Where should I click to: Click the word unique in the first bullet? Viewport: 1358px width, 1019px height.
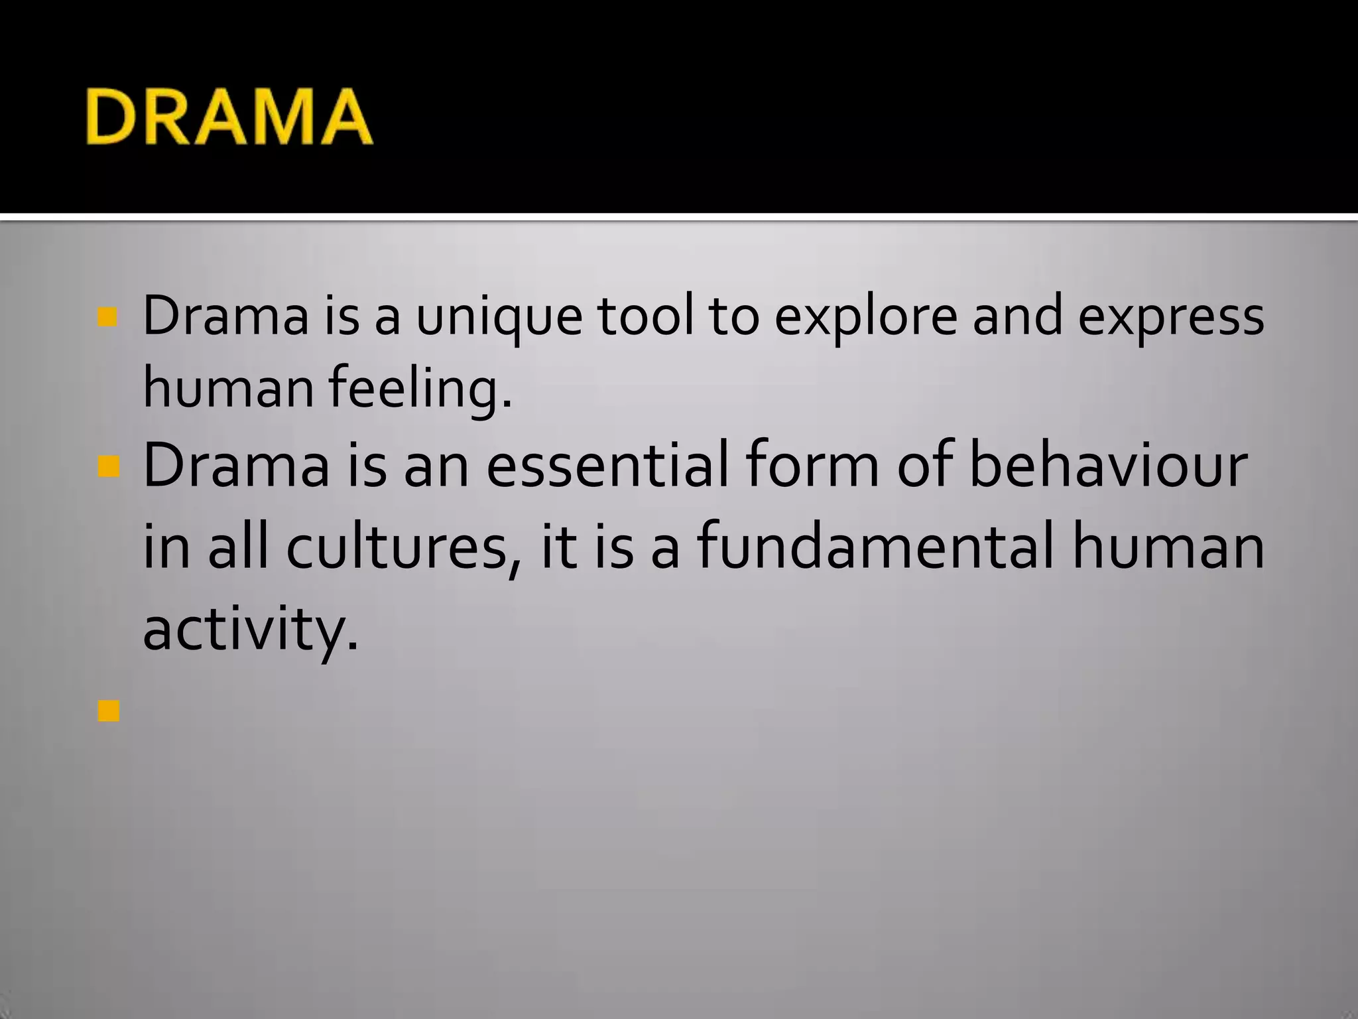[499, 317]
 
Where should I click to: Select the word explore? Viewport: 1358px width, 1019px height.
[866, 317]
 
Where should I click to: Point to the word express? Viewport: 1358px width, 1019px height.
[1171, 317]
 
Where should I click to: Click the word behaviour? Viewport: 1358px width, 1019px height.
[1108, 466]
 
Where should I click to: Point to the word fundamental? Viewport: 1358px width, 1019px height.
[875, 547]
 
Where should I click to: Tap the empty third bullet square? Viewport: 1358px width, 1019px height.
[108, 712]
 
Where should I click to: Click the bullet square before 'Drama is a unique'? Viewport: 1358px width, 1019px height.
[107, 317]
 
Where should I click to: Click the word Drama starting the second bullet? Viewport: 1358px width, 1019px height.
[236, 466]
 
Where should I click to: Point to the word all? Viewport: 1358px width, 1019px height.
[238, 547]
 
